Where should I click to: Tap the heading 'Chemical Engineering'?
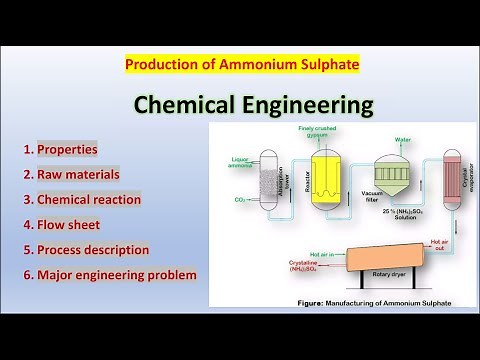(240, 104)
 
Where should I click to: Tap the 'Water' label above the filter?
(404, 140)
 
